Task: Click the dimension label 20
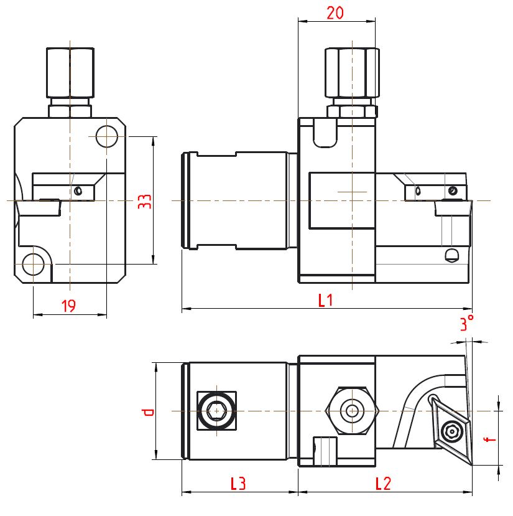pos(336,12)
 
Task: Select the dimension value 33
pos(144,200)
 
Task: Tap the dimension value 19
pos(69,305)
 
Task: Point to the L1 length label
pos(326,301)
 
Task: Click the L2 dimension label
pos(383,482)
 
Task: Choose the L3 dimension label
pos(238,482)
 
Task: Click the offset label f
pos(491,438)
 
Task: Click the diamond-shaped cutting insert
pos(452,429)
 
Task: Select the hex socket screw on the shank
pos(216,411)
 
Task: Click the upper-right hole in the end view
pos(106,136)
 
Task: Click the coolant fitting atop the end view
pos(70,78)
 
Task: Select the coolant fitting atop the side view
pos(352,78)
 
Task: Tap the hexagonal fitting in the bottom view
pos(353,411)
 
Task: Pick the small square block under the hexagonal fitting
pos(325,450)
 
